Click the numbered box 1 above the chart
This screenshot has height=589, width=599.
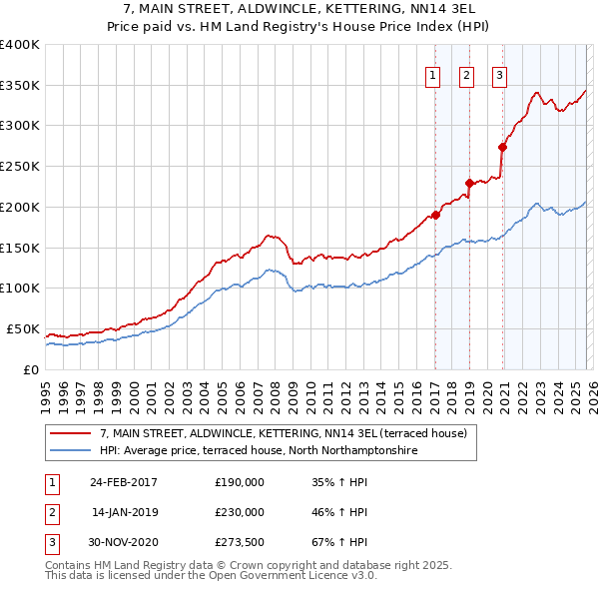pos(433,73)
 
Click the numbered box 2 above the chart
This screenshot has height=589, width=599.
pos(466,73)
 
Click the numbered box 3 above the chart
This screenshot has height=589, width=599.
pos(499,73)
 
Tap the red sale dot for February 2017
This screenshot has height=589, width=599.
pos(435,215)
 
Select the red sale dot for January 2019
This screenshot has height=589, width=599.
pos(469,183)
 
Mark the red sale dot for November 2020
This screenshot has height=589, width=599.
pos(502,147)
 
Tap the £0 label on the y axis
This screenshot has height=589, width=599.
pos(30,369)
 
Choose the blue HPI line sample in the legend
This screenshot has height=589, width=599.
pos(70,451)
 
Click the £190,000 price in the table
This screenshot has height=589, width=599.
pos(240,481)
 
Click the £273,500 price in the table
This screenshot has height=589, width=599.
pos(240,543)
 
